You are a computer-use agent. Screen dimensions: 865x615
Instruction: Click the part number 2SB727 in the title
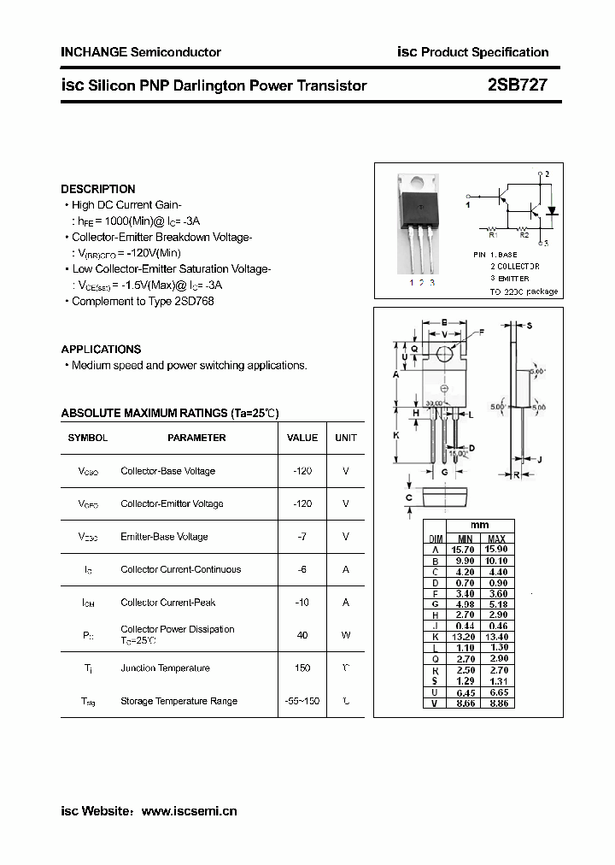click(x=517, y=85)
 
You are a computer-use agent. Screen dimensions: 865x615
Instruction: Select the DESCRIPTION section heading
click(x=98, y=189)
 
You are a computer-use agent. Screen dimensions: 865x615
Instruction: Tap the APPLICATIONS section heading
click(x=101, y=349)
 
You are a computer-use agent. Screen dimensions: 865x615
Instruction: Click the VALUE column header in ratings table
click(x=302, y=438)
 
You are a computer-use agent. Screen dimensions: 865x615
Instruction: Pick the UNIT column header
click(x=346, y=438)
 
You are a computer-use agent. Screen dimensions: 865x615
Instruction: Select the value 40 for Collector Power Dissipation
click(x=302, y=634)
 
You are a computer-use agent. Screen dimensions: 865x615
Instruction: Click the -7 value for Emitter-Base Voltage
click(x=302, y=537)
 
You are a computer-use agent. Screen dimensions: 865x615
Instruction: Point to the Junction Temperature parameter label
click(x=165, y=668)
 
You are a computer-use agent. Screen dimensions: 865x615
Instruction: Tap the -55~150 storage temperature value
click(x=302, y=701)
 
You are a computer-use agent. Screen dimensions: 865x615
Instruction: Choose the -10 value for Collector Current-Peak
click(x=302, y=602)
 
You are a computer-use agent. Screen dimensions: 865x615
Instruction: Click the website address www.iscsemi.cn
click(x=189, y=811)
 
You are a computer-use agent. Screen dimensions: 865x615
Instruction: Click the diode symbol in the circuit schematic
click(x=552, y=209)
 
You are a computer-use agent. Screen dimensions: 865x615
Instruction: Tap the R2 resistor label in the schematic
click(x=524, y=234)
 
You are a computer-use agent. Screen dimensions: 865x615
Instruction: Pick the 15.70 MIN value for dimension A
click(x=465, y=550)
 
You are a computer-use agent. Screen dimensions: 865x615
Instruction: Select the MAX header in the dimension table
click(x=497, y=538)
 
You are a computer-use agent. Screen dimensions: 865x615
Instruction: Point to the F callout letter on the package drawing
click(x=481, y=331)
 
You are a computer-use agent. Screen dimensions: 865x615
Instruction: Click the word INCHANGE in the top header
click(x=93, y=52)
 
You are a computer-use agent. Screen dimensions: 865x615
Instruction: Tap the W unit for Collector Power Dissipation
click(x=346, y=634)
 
